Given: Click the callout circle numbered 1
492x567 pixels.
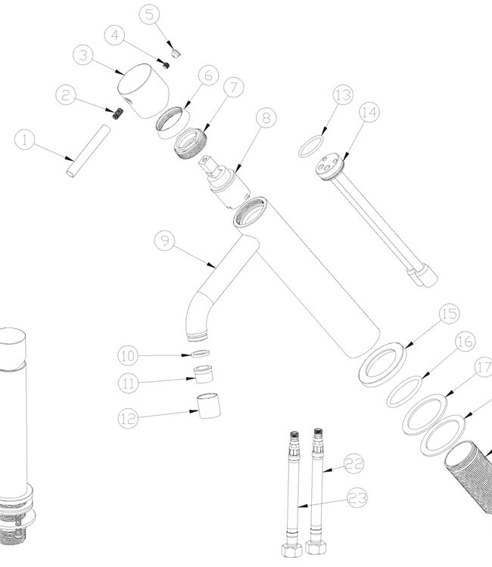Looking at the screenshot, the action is click(25, 140).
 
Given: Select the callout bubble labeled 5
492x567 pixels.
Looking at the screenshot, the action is click(150, 14).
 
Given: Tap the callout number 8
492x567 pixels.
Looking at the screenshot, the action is click(266, 117).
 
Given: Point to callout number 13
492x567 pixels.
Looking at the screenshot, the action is click(343, 94).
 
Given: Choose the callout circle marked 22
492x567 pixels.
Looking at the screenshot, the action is click(353, 464).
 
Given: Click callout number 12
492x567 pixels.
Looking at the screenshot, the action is click(128, 419).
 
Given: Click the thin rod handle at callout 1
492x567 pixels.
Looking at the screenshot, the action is click(88, 151).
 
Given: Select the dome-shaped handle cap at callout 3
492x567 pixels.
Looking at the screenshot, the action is click(144, 91).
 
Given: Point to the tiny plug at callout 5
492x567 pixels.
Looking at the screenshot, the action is click(176, 54).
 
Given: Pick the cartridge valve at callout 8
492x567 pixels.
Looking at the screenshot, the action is click(225, 182).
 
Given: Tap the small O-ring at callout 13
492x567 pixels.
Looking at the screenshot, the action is click(311, 147).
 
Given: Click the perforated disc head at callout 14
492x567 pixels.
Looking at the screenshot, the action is click(329, 167).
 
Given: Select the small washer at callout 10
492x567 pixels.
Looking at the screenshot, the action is click(200, 353).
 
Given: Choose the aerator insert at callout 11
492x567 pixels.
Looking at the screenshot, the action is click(204, 374).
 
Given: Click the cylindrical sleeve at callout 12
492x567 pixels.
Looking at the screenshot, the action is click(209, 406).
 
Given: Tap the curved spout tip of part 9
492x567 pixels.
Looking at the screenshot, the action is click(198, 338).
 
